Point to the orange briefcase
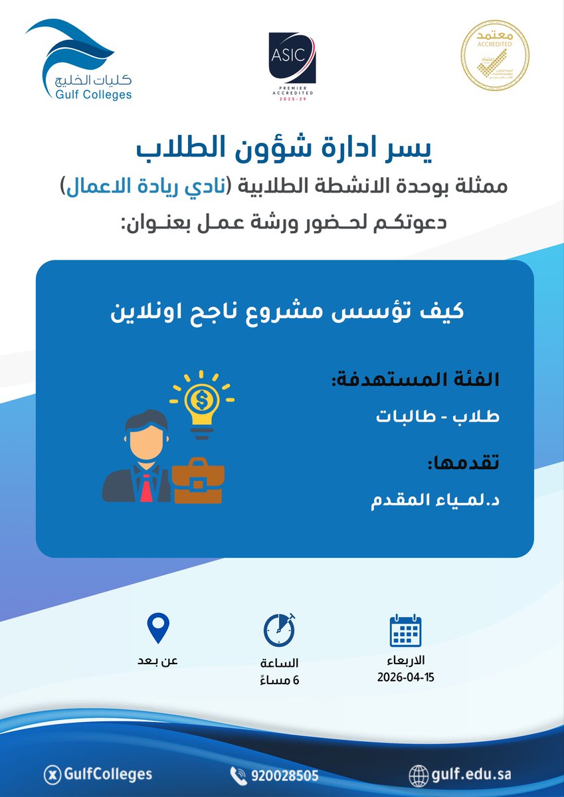tap(197, 481)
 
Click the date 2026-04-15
tap(405, 678)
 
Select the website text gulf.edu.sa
tap(471, 774)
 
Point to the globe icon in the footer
tap(419, 775)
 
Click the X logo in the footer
tap(50, 774)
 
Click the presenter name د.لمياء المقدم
tap(435, 501)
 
